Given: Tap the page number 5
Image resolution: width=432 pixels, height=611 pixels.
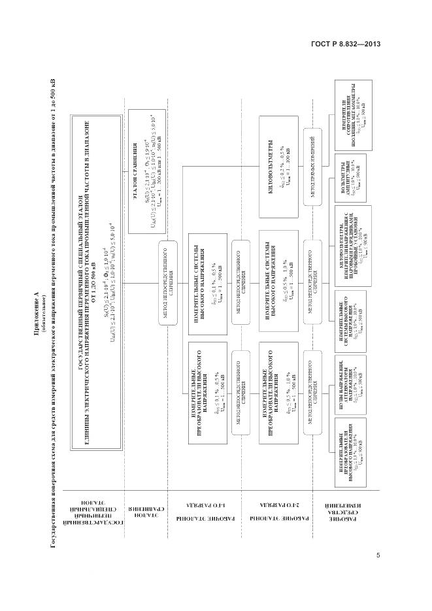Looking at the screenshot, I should (x=378, y=555).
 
